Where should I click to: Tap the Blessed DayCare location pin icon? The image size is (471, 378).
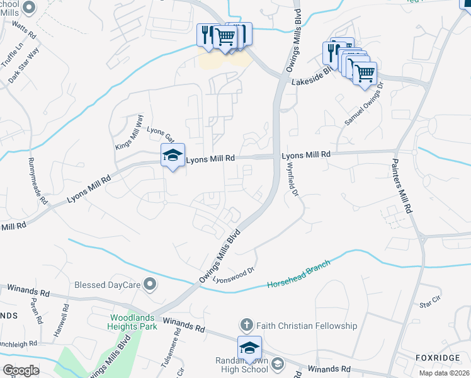150,285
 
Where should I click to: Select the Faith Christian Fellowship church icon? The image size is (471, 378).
247,326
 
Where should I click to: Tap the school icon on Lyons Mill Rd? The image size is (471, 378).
172,158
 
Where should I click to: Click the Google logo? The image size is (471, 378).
21,370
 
